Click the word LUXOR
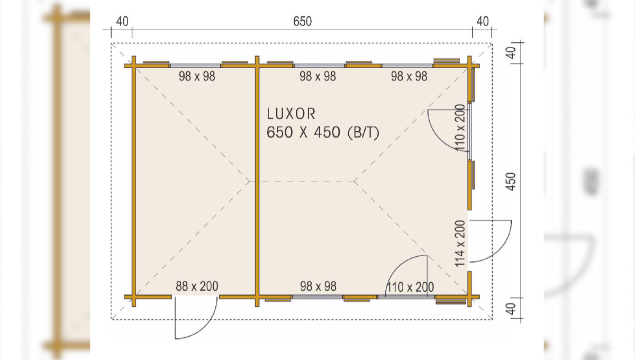tap(291, 114)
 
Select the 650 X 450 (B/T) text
tap(323, 132)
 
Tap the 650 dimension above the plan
tap(303, 22)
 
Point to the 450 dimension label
tap(511, 182)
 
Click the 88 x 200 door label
tap(197, 286)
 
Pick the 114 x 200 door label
tap(460, 244)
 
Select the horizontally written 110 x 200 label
tap(410, 287)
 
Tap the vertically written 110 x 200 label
tap(460, 128)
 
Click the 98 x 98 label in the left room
tap(197, 76)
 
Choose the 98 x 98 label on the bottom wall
tap(319, 286)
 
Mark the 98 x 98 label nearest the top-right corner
tap(409, 76)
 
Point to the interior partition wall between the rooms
tap(257, 181)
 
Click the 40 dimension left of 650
tap(122, 22)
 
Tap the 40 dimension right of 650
tap(483, 22)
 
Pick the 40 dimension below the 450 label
tap(511, 309)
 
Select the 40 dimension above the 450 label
tap(511, 53)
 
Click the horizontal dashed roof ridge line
tap(302, 182)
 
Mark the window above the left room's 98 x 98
tap(196, 66)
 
